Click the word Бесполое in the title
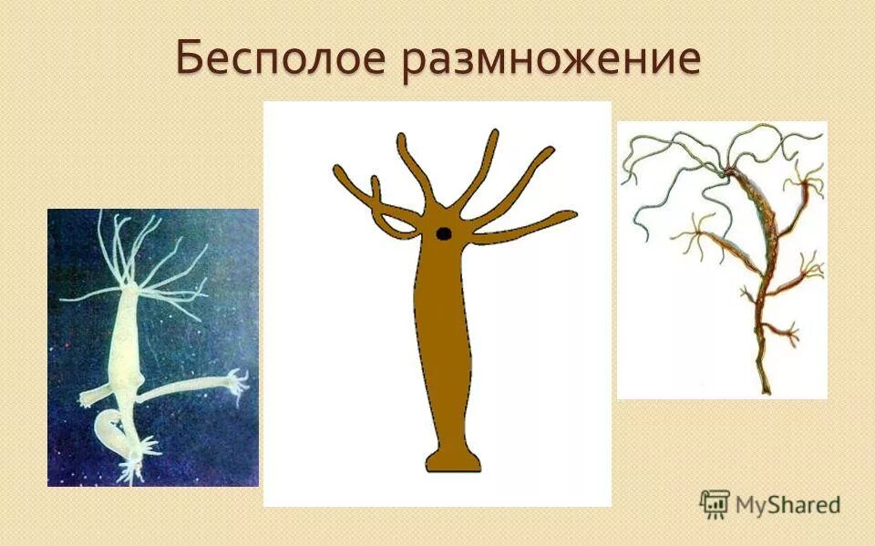coord(281,59)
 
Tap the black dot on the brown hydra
coord(444,233)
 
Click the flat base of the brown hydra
coord(453,462)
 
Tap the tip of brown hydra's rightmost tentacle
coord(571,216)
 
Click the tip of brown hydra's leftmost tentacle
coord(338,170)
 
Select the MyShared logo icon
coord(715,503)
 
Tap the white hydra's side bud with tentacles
coord(232,383)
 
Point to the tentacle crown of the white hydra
coord(137,264)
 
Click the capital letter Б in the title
coord(190,59)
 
